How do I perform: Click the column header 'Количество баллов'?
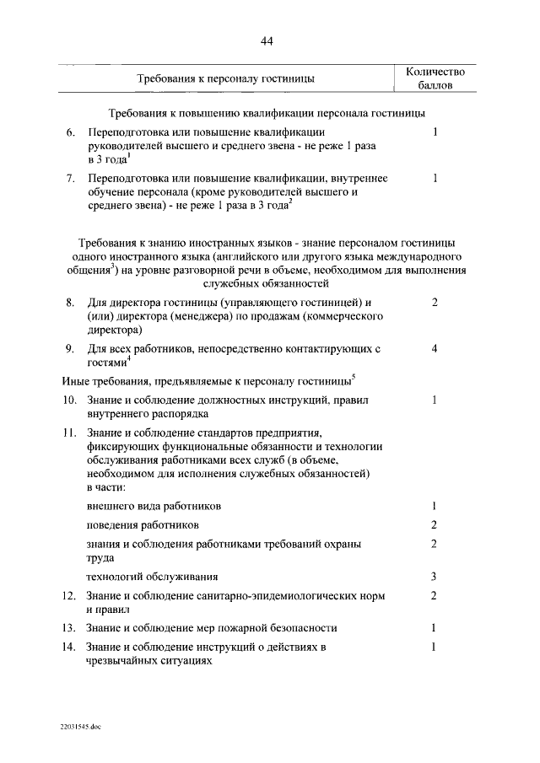(x=435, y=78)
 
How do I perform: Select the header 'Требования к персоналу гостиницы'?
(x=225, y=78)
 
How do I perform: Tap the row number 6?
(x=71, y=133)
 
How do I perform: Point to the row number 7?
(x=71, y=178)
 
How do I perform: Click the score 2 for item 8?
(x=435, y=302)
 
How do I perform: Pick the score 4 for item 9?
(x=435, y=347)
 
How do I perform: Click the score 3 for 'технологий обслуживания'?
(x=434, y=577)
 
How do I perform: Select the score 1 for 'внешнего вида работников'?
(x=434, y=506)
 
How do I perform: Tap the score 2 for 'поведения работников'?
(x=434, y=524)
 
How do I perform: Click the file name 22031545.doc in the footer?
(x=80, y=726)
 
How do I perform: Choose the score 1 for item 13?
(x=434, y=628)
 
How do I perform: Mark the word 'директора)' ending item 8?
(x=114, y=331)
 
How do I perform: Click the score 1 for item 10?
(x=434, y=400)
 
